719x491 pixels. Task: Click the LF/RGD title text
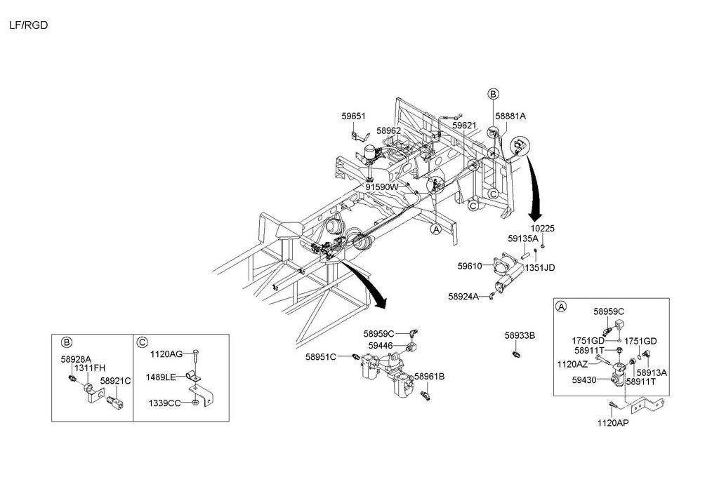(x=28, y=25)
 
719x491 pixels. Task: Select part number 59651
(x=354, y=116)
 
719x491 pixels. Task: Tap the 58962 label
(x=388, y=130)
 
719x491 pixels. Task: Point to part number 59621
(x=464, y=126)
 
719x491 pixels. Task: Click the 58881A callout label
(x=510, y=116)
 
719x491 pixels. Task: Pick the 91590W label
(x=381, y=187)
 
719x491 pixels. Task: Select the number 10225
(x=542, y=229)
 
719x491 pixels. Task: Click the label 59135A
(x=525, y=238)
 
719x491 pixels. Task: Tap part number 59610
(x=470, y=267)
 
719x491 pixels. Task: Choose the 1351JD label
(x=540, y=267)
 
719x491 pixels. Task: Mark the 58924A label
(x=463, y=297)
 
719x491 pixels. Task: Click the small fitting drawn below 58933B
(x=515, y=353)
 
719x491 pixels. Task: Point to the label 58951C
(x=321, y=356)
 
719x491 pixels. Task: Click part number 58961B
(x=429, y=376)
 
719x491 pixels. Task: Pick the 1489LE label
(x=160, y=377)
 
